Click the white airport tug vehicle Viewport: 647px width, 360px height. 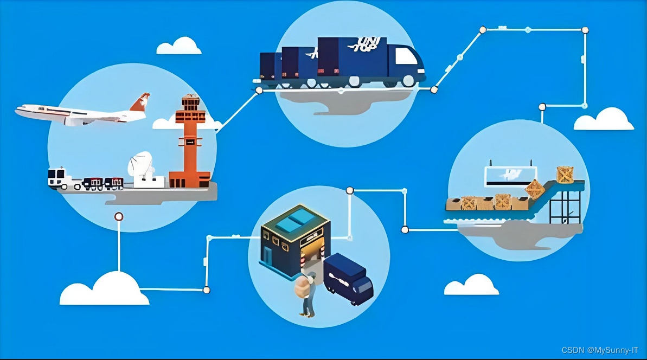pos(57,178)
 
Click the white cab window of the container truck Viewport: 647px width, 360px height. pos(405,56)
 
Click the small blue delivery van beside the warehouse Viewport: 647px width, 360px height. pos(348,278)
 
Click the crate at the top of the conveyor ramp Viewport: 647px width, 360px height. pos(565,175)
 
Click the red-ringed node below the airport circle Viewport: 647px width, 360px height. pos(119,217)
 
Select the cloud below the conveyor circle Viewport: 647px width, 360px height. pos(471,285)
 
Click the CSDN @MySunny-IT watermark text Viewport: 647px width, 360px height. pos(600,350)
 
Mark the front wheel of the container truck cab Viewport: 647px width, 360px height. pos(407,81)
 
